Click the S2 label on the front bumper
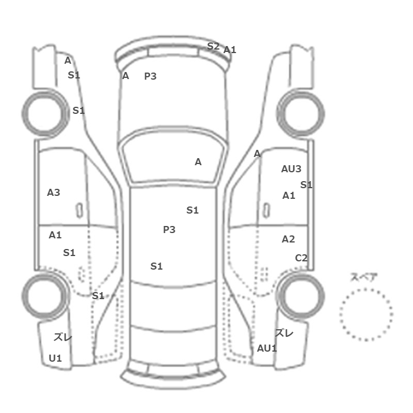(213, 47)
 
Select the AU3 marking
(291, 169)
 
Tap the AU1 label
(267, 348)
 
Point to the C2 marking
(301, 258)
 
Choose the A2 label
(288, 239)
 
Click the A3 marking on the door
(54, 192)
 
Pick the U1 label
(55, 358)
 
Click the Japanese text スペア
(360, 277)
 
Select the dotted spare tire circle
(366, 289)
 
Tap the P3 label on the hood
(150, 76)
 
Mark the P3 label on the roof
(169, 230)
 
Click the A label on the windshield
(198, 162)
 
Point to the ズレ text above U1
(63, 337)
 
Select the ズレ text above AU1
(284, 333)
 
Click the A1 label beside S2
(230, 50)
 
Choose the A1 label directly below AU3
(289, 195)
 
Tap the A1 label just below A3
(55, 235)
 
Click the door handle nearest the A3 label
(79, 211)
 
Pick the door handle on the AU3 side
(267, 211)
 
